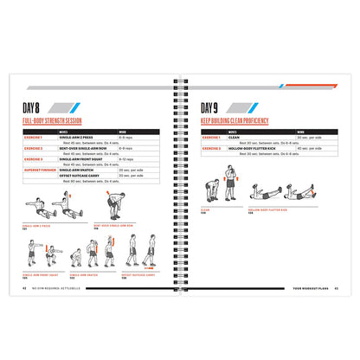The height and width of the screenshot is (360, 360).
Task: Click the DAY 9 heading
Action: pyautogui.click(x=212, y=108)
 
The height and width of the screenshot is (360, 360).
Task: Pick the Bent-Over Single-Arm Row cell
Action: pyautogui.click(x=83, y=148)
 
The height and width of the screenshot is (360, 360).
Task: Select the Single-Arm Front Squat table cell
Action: pyautogui.click(x=82, y=159)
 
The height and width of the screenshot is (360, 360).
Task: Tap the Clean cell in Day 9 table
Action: pyautogui.click(x=239, y=137)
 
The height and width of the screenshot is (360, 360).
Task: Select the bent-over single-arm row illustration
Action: pyautogui.click(x=116, y=208)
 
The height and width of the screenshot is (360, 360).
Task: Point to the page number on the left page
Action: pyautogui.click(x=23, y=287)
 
